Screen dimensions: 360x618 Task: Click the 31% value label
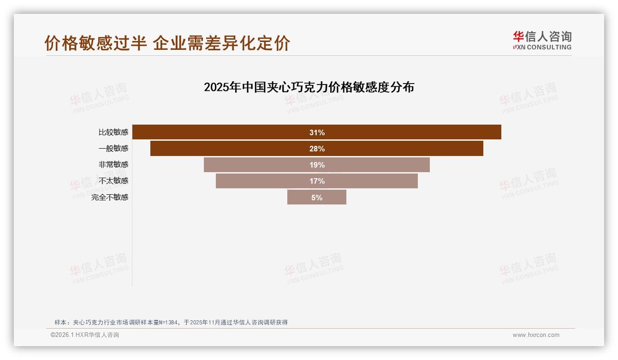(x=317, y=132)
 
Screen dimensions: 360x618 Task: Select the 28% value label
(x=317, y=149)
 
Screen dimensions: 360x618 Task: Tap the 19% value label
(x=317, y=165)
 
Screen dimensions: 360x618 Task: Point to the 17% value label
(x=317, y=181)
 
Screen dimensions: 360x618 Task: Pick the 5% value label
(x=317, y=197)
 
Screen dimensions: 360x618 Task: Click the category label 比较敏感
(x=113, y=132)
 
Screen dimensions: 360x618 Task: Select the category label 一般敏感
(x=113, y=149)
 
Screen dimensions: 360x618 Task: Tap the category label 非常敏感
(x=113, y=164)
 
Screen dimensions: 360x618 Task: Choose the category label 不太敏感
(x=113, y=181)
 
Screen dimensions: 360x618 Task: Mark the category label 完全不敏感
(x=110, y=197)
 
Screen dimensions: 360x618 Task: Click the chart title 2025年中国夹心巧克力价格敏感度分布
(x=309, y=87)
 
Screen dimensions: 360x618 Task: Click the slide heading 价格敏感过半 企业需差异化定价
(x=167, y=43)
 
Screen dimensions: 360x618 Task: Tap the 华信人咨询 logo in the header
(x=542, y=36)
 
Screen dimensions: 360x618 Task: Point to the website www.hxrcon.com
(x=536, y=335)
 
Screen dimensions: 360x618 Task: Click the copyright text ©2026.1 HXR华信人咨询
(x=85, y=335)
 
